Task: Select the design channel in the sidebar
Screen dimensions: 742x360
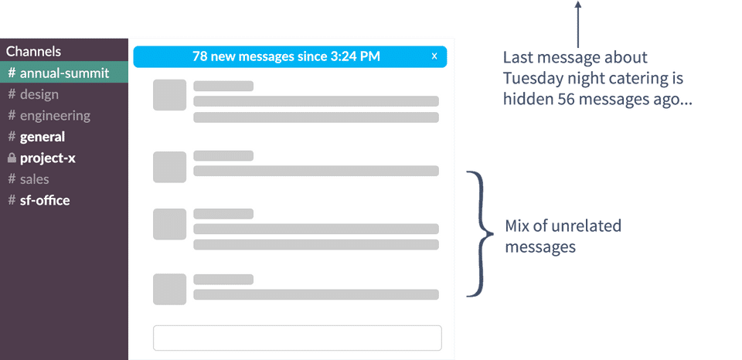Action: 33,94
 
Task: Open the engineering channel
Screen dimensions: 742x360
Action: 49,116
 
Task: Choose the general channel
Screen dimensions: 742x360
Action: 36,137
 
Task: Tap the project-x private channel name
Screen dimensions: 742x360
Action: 47,158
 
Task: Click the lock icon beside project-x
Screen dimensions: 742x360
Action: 12,158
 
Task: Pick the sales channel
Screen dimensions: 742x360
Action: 29,178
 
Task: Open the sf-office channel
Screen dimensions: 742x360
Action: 39,200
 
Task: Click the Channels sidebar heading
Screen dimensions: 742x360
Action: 33,51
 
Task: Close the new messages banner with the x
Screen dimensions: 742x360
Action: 434,56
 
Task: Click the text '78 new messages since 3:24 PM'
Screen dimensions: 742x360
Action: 286,56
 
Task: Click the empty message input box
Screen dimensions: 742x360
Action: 297,338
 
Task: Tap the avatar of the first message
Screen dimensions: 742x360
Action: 169,95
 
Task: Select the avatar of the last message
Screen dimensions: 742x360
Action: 169,289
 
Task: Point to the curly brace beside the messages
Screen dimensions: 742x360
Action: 479,234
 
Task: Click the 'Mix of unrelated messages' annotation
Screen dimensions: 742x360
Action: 563,236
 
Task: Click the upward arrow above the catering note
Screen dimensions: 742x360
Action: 577,24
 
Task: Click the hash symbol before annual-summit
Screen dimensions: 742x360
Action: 12,73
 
